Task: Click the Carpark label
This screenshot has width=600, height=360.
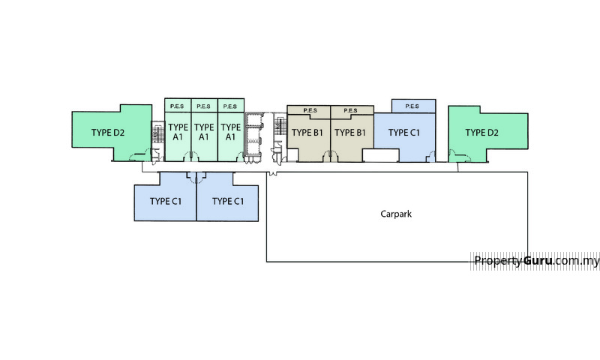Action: point(397,214)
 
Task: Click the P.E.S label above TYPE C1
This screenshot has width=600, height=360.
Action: point(412,106)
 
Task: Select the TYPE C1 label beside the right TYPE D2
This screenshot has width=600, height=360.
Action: point(403,133)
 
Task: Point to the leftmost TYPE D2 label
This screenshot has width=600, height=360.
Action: point(108,133)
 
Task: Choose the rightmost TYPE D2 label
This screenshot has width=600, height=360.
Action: point(481,133)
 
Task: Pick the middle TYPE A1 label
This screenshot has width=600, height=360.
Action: point(204,132)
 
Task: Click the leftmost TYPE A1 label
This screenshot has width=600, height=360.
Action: point(178,132)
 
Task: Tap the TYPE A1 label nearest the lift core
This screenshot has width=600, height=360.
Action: point(230,132)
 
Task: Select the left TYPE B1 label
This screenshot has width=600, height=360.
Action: point(307,133)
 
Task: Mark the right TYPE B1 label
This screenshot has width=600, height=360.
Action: point(350,133)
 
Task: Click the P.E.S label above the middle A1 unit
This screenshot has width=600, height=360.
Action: point(204,106)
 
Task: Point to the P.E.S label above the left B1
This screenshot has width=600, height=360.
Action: point(309,110)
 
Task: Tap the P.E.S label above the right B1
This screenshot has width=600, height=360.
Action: point(351,110)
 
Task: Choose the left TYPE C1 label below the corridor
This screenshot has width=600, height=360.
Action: point(166,201)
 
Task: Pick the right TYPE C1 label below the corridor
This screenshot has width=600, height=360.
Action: point(228,201)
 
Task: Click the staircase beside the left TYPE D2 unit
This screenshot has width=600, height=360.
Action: point(157,134)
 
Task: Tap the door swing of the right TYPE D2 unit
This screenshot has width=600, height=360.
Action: point(454,155)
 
